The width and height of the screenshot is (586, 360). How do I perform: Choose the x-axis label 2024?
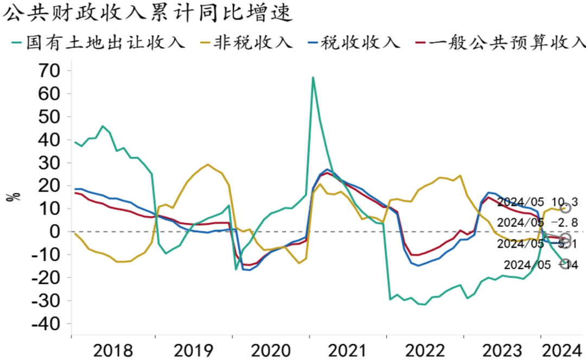[x=560, y=350]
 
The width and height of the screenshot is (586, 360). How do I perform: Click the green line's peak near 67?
[x=313, y=77]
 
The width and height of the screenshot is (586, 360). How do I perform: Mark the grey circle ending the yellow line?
[x=565, y=208]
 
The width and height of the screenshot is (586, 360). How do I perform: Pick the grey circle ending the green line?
[x=565, y=264]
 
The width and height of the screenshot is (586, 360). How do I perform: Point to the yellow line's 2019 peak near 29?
[x=208, y=164]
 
